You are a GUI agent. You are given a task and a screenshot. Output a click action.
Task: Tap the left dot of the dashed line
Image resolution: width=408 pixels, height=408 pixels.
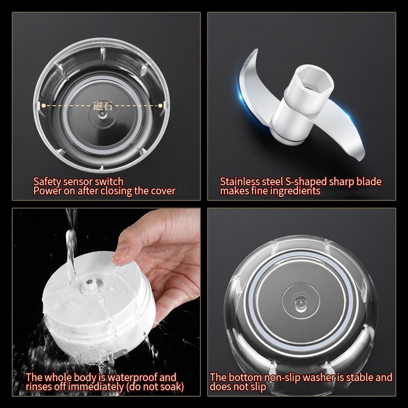click(43, 106)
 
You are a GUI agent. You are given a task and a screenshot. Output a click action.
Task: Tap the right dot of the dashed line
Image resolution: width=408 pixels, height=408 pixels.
click(160, 106)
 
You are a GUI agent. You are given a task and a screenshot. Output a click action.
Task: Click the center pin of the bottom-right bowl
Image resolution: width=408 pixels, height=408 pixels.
click(300, 301)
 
